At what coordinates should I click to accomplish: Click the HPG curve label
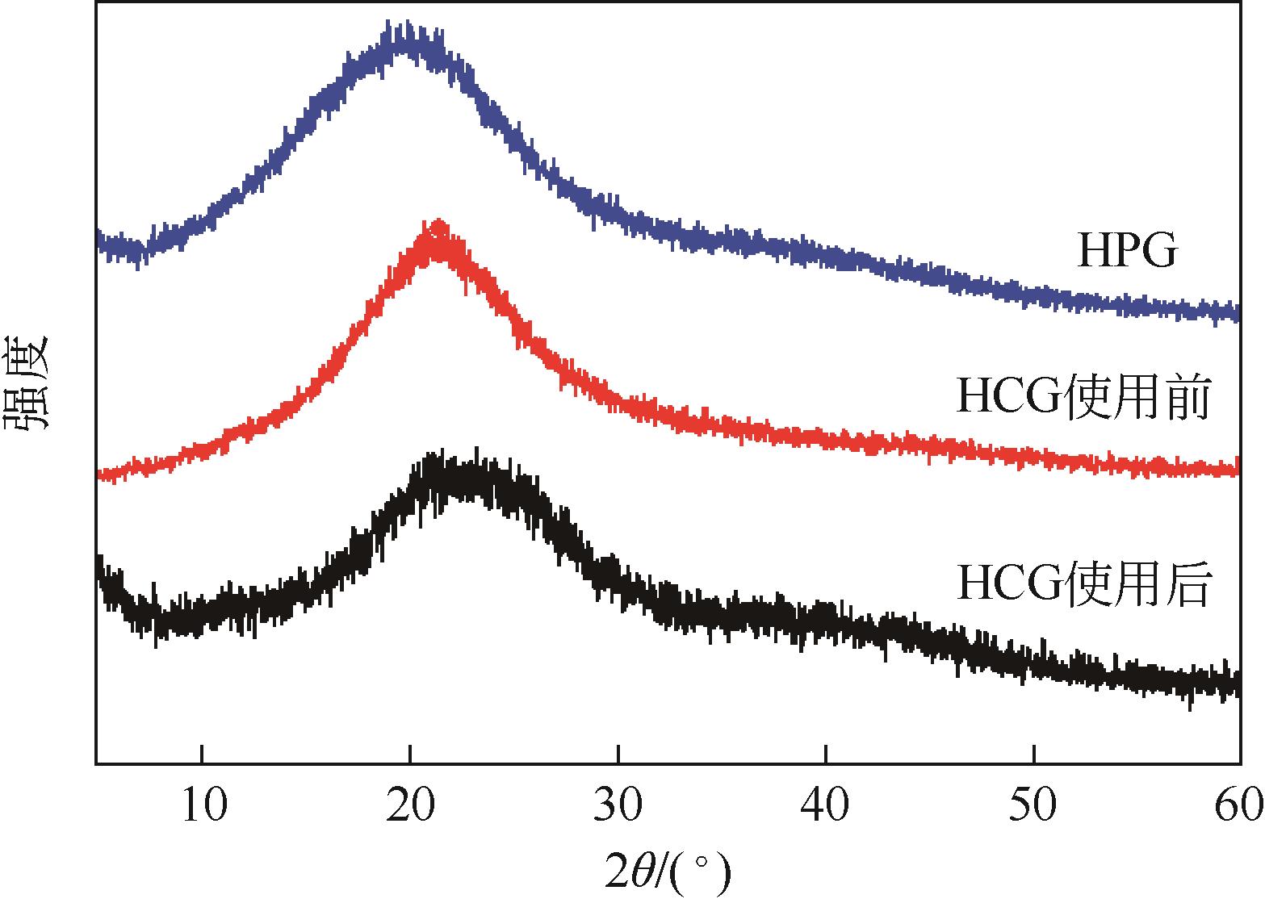tap(1127, 252)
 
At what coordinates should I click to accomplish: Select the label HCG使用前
tap(1083, 399)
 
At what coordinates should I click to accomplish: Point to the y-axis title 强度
tap(27, 383)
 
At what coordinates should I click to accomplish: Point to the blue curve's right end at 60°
tap(1238, 313)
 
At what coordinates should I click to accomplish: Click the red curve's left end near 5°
tap(99, 474)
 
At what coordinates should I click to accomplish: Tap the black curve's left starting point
tap(98, 565)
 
